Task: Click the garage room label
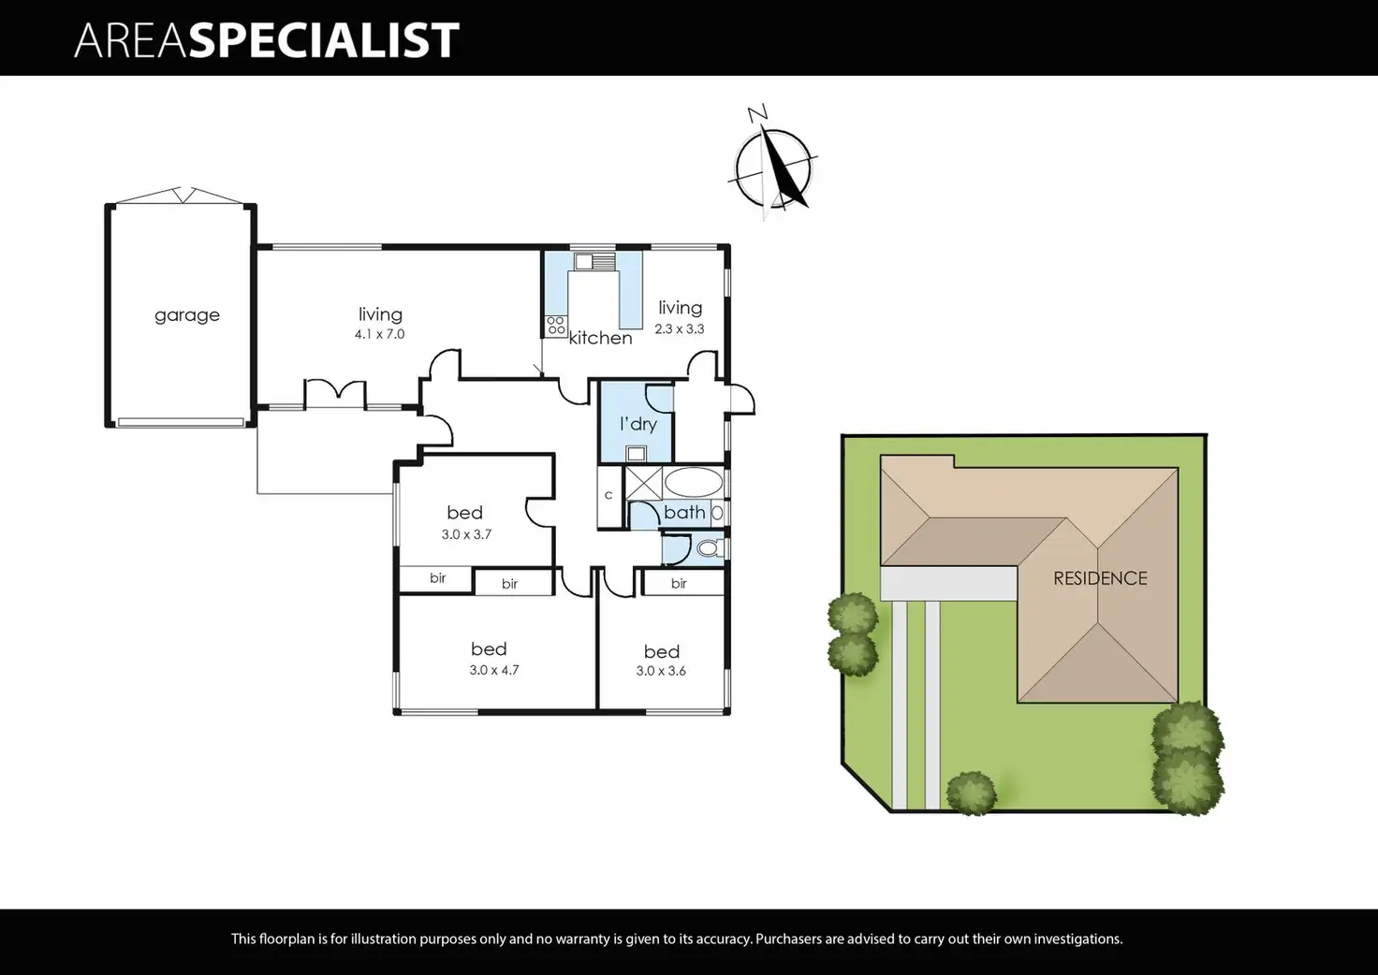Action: coord(187,315)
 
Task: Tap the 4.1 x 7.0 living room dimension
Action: coord(379,334)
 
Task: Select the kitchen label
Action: coord(600,338)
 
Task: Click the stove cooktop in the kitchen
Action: coord(556,326)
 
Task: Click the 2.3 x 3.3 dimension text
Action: coord(680,329)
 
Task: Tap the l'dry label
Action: coord(638,424)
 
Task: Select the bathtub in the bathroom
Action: coord(693,484)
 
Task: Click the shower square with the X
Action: coord(643,483)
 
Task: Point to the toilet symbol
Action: coord(709,548)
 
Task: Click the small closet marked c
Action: coord(608,495)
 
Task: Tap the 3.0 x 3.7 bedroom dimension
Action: coord(466,535)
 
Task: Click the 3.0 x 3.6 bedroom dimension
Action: coord(661,671)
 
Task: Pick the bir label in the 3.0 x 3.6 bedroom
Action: coord(679,584)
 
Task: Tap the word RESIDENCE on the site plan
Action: coord(1100,578)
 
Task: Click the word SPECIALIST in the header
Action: coord(324,40)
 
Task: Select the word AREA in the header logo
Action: coord(131,40)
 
